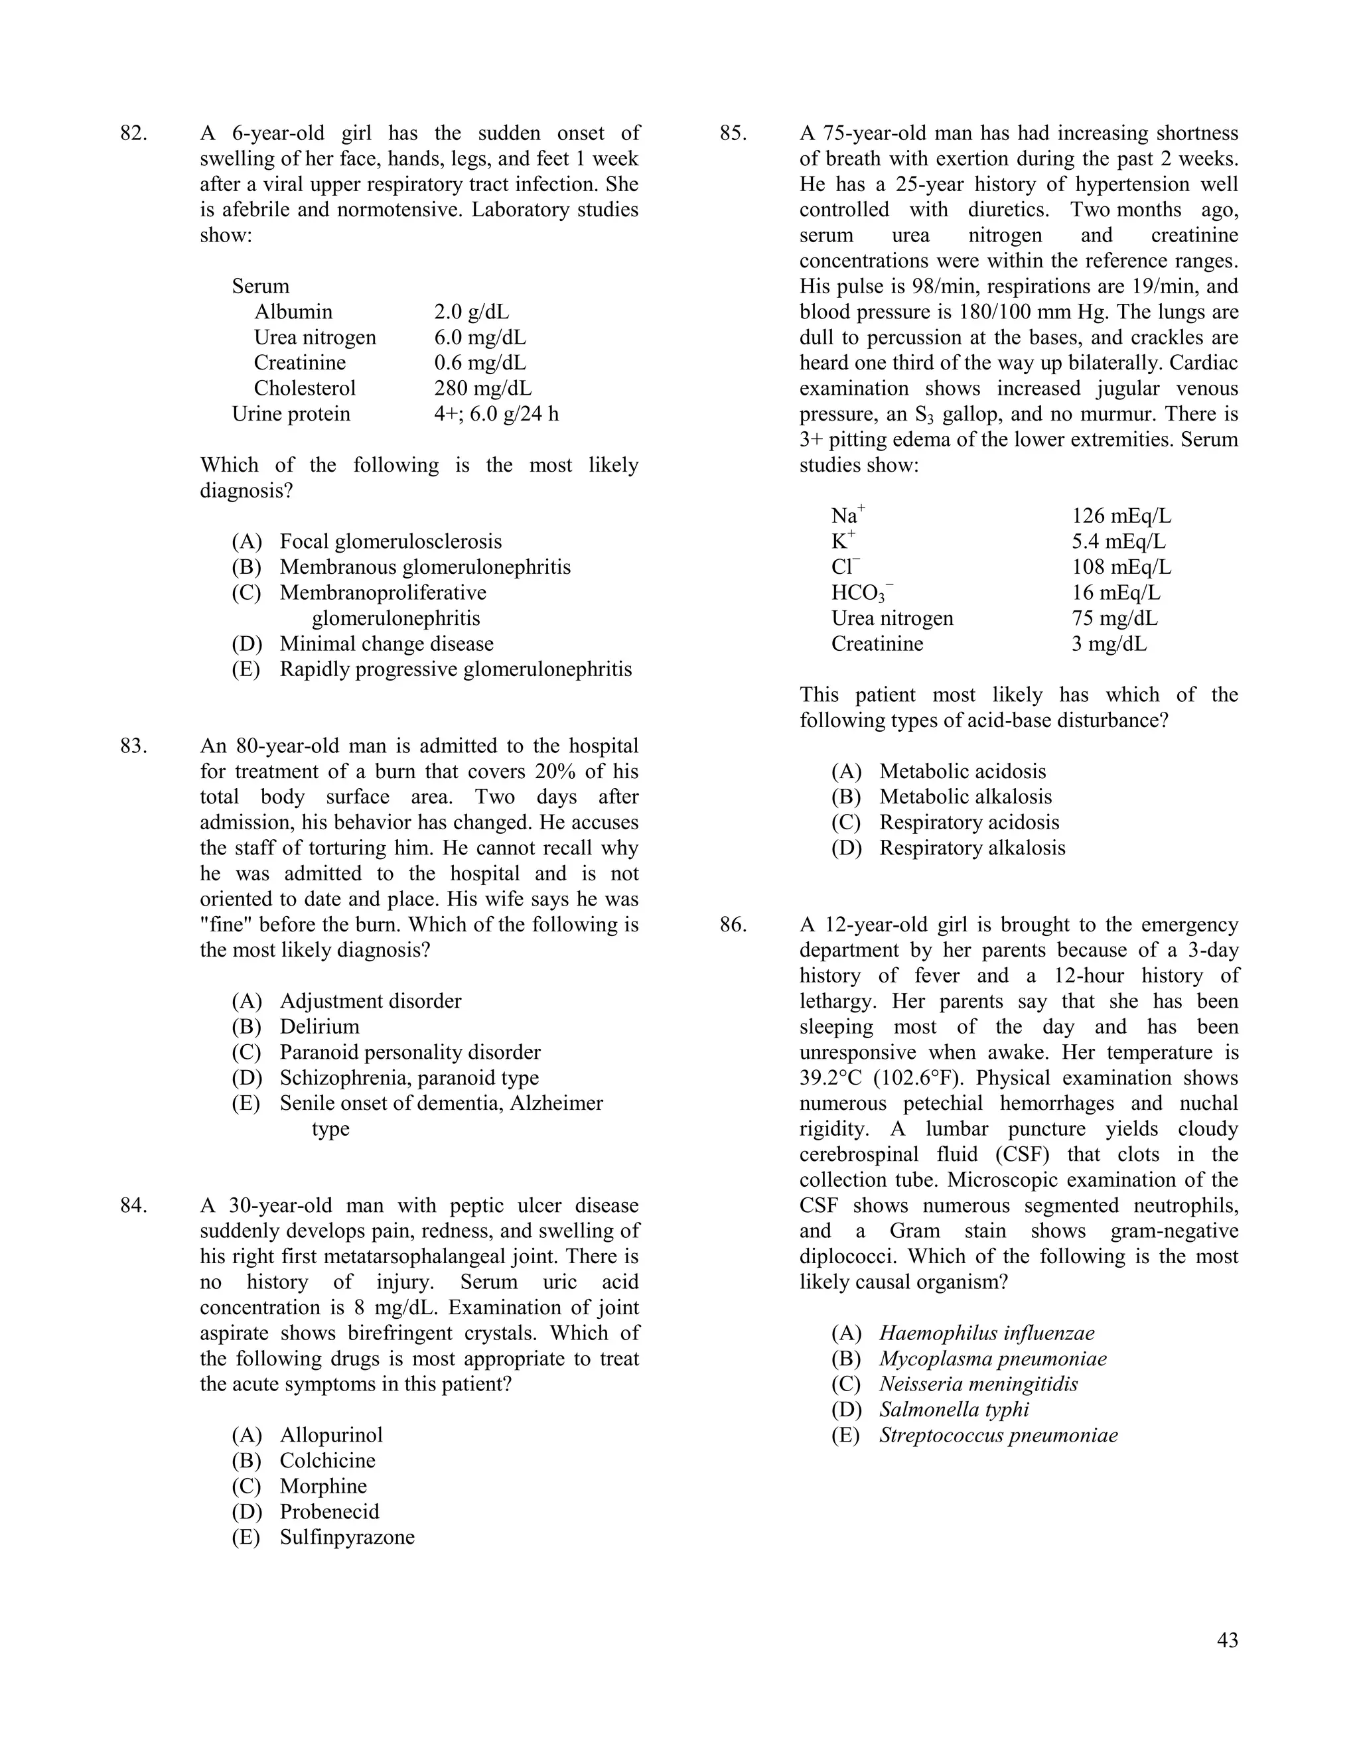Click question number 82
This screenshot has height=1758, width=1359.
pyautogui.click(x=133, y=133)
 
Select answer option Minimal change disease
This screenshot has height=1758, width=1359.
pyautogui.click(x=386, y=644)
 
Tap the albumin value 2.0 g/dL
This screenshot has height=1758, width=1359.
pyautogui.click(x=471, y=312)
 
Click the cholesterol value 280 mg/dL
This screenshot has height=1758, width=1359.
pyautogui.click(x=482, y=389)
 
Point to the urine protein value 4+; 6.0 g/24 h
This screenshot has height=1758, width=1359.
pyautogui.click(x=496, y=415)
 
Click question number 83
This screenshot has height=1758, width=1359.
pyautogui.click(x=133, y=746)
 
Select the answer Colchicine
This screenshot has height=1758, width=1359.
pyautogui.click(x=327, y=1461)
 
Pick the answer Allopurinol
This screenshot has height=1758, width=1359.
pyautogui.click(x=331, y=1435)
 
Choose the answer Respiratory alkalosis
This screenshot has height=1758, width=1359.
pyautogui.click(x=971, y=848)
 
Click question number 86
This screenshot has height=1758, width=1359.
pyautogui.click(x=733, y=925)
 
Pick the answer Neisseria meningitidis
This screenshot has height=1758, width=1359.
pyautogui.click(x=978, y=1385)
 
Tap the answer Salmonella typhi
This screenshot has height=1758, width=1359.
pyautogui.click(x=954, y=1410)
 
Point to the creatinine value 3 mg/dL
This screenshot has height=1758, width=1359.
pyautogui.click(x=1109, y=644)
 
